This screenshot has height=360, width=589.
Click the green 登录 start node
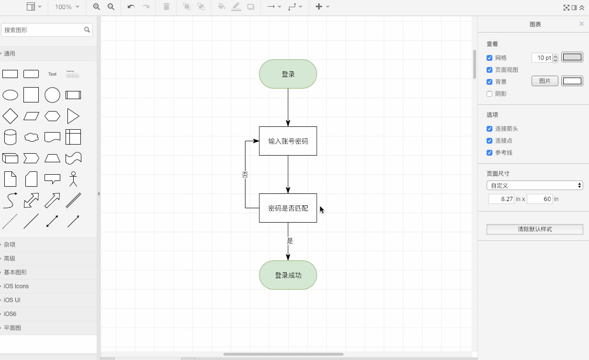288,74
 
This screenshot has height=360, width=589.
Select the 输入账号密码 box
288,141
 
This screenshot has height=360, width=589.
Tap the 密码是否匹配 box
288,208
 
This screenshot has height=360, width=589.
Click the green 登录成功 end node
288,275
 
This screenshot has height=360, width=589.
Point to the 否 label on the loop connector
245,175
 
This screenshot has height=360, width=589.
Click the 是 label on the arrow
289,241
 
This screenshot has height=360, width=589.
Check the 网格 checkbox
489,58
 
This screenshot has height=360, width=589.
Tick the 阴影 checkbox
489,94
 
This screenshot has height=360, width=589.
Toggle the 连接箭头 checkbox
489,129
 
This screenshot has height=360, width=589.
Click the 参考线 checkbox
489,153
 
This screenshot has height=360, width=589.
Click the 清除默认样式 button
534,229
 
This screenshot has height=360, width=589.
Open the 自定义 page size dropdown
534,185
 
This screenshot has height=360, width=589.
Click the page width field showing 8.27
501,199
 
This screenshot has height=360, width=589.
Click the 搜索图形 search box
43,30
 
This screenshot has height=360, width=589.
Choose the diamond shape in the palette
10,116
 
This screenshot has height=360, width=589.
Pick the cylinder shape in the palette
10,137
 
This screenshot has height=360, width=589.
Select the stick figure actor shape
73,179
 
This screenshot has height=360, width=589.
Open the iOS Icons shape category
16,286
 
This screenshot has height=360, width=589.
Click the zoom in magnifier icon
97,7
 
